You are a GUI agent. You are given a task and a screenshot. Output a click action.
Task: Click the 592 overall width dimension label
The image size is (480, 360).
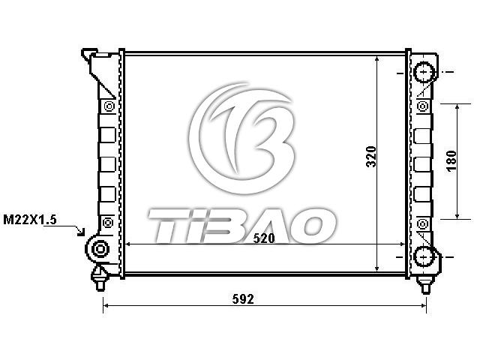click(x=243, y=298)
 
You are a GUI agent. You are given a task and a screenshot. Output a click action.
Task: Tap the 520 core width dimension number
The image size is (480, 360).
click(x=264, y=238)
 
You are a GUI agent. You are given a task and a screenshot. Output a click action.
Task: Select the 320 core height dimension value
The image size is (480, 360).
click(x=371, y=157)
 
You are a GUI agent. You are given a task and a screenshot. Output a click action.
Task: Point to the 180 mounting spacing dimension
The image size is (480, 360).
click(x=451, y=161)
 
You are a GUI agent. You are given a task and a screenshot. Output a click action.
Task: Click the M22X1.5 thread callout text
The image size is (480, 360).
click(x=30, y=220)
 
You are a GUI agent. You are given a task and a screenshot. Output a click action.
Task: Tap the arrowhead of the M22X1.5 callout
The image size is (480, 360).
click(x=81, y=232)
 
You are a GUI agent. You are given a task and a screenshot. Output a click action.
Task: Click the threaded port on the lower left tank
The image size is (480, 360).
click(x=100, y=249)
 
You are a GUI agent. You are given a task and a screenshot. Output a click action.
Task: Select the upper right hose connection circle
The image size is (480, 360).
click(x=424, y=72)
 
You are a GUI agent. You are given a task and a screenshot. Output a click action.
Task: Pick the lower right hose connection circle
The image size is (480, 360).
click(x=424, y=256)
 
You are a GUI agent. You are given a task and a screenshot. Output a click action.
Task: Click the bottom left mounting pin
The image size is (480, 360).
click(x=100, y=279)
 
